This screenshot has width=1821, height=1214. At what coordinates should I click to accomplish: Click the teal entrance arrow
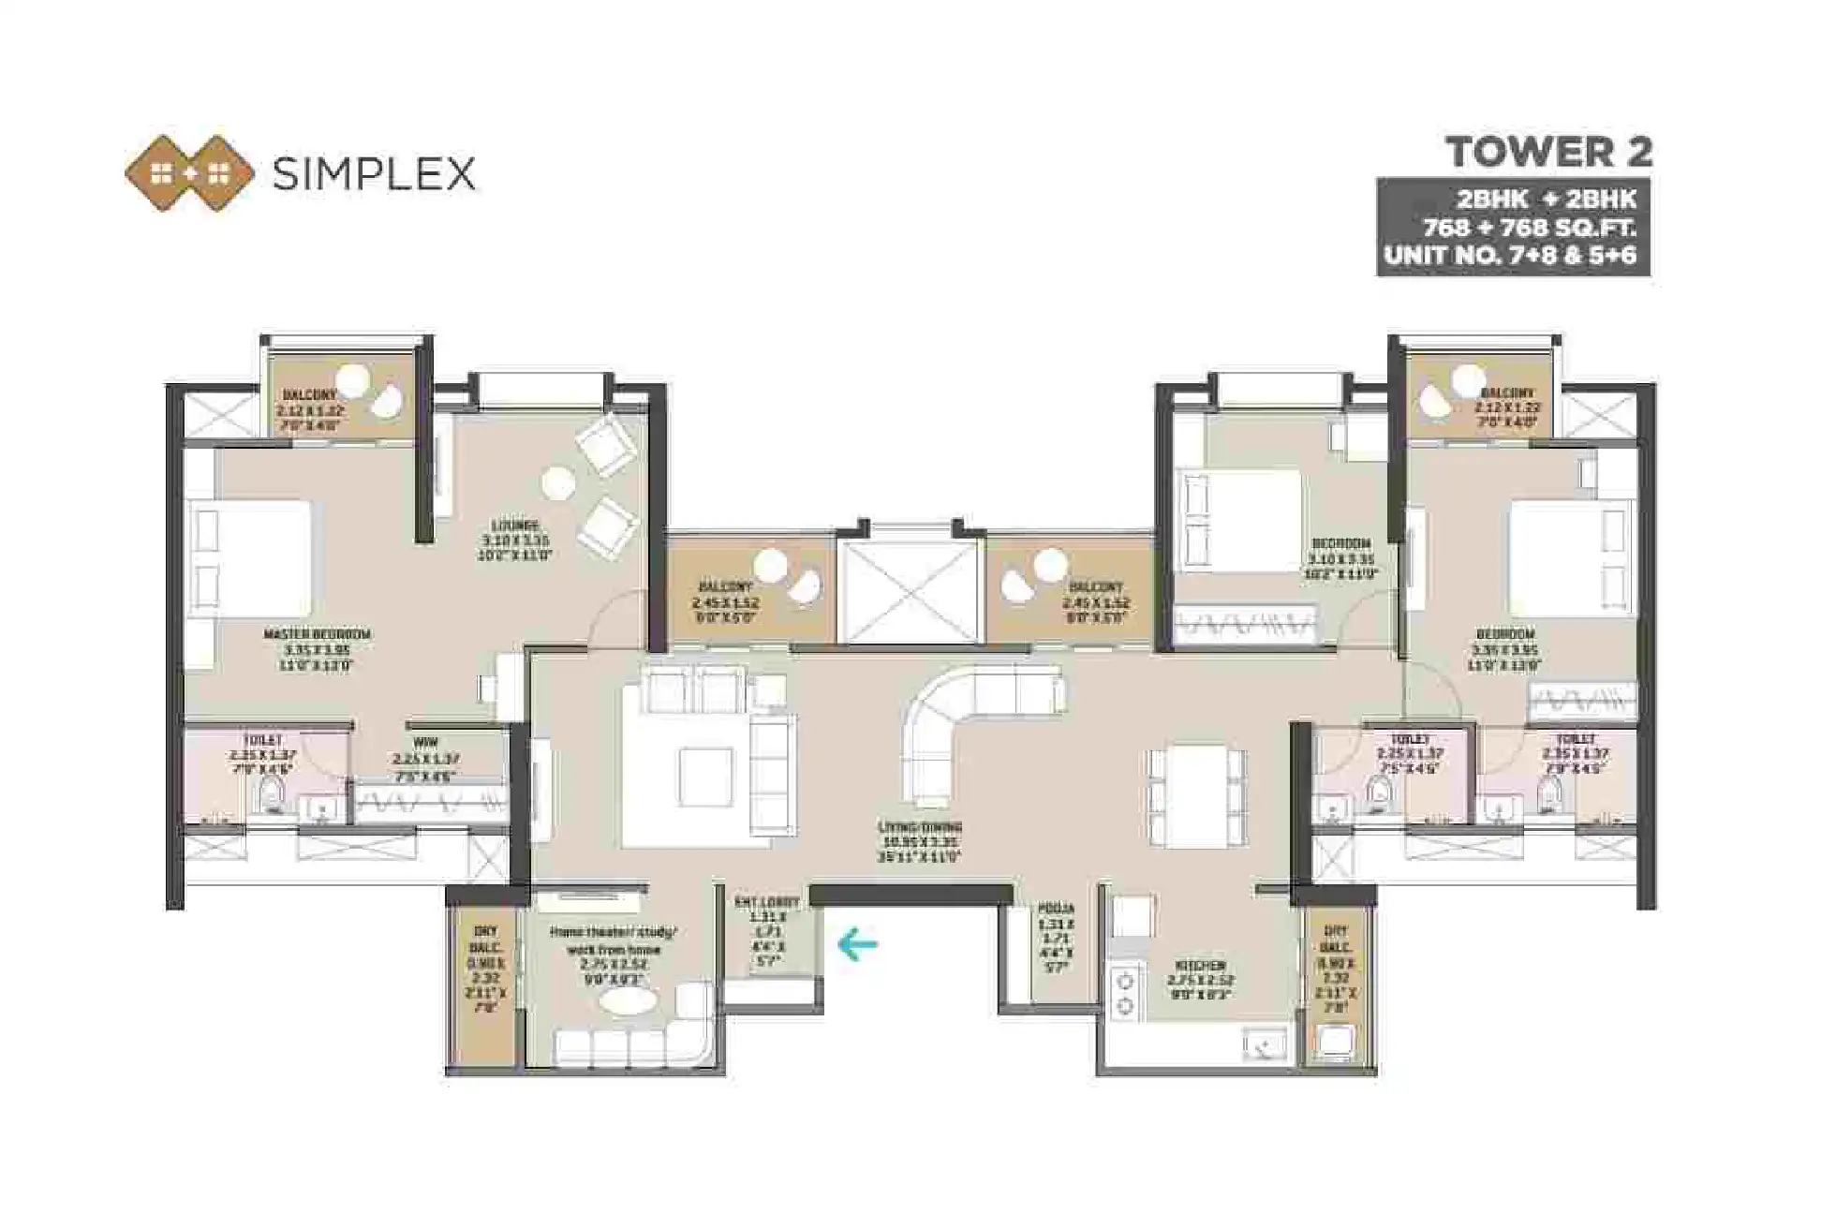856,943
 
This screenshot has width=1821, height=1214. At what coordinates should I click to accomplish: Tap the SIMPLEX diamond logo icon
190,173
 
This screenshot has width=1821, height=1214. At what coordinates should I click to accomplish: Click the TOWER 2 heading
1548,153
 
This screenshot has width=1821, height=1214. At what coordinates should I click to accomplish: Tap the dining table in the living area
1196,795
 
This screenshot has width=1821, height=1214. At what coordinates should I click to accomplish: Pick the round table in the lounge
559,483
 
